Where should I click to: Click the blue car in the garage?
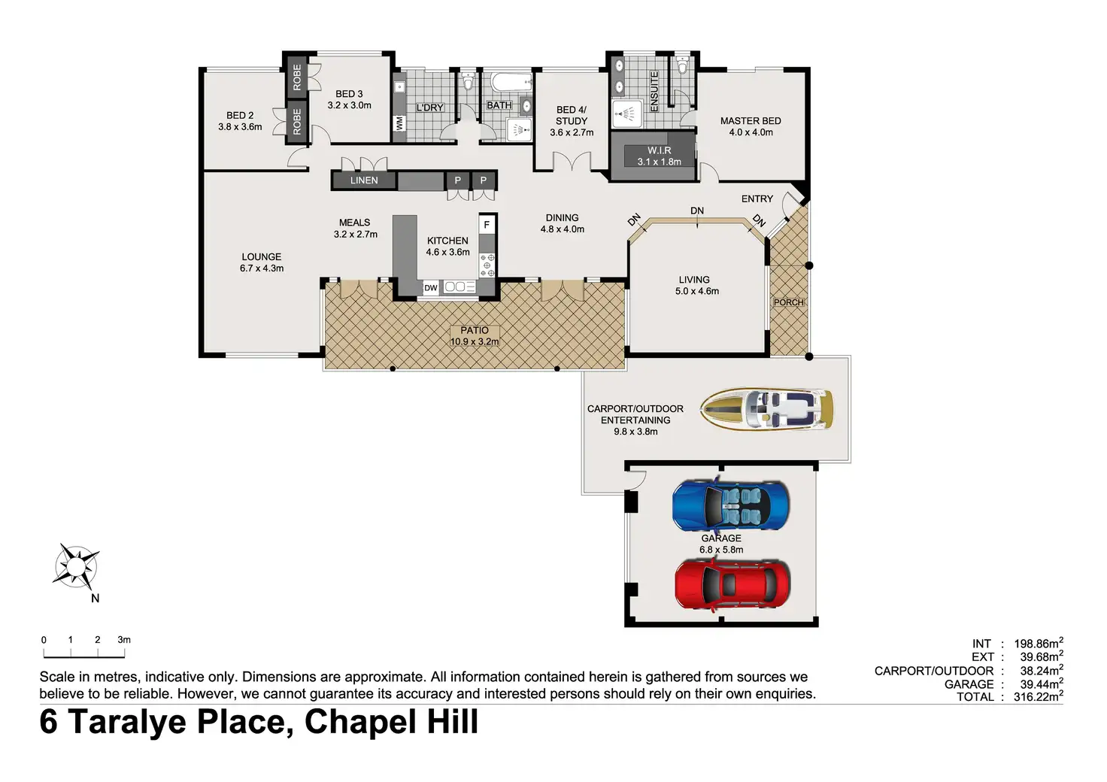[x=730, y=505]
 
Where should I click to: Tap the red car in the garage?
[x=732, y=585]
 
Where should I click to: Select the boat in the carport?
[x=766, y=408]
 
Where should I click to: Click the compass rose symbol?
[x=77, y=567]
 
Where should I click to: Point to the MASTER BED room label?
[x=751, y=121]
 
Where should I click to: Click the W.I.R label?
[x=660, y=150]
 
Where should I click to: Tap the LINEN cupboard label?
[x=364, y=180]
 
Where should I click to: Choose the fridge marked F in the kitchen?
[x=487, y=225]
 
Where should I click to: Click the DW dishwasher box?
[x=431, y=288]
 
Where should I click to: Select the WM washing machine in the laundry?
[x=399, y=123]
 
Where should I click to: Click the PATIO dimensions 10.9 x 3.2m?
[x=475, y=341]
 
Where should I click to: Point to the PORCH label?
[x=789, y=302]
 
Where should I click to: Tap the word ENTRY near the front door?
[x=757, y=199]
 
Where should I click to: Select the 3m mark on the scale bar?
[x=124, y=640]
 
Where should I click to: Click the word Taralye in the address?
[x=131, y=723]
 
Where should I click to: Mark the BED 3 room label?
[x=349, y=94]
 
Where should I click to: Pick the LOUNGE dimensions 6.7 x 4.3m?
[x=262, y=268]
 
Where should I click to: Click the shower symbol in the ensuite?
[x=626, y=114]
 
